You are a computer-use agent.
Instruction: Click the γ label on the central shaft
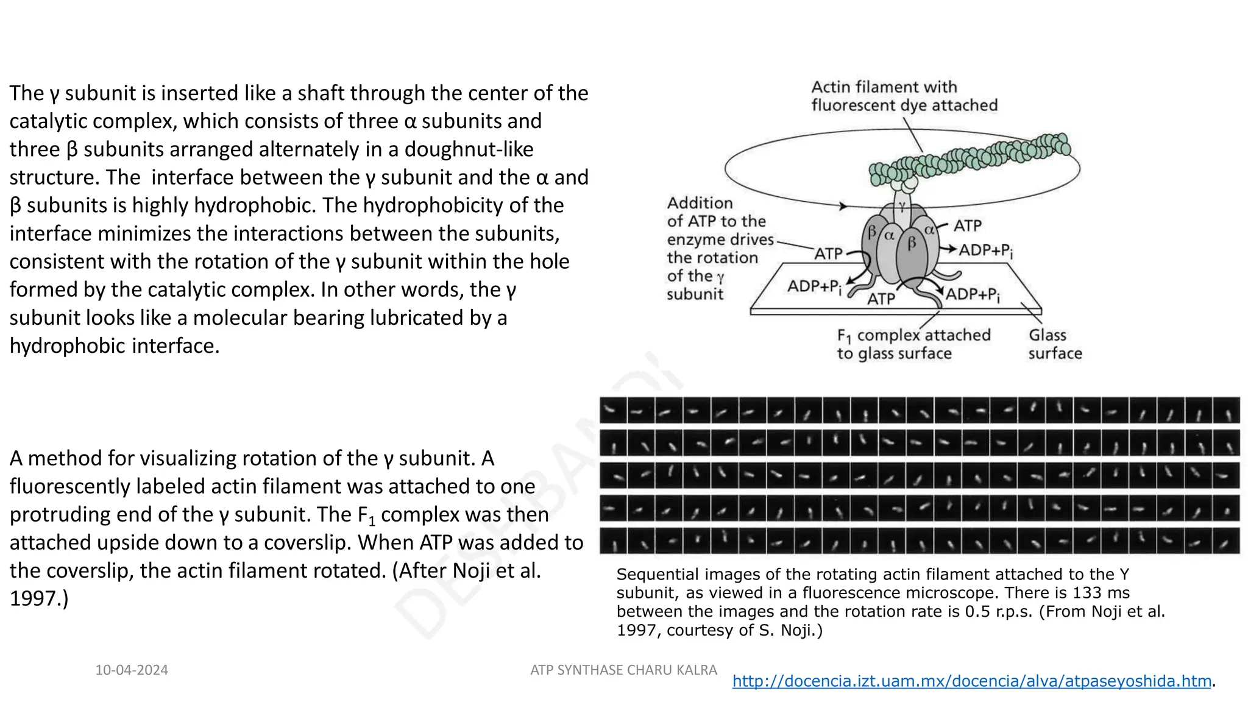click(901, 206)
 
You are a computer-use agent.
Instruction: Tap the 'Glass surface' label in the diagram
click(1055, 344)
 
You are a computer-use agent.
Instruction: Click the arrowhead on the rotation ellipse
click(843, 206)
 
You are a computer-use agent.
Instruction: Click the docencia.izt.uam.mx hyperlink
click(971, 681)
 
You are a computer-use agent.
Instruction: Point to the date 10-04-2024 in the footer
click(132, 670)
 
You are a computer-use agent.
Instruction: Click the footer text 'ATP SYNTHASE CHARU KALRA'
click(623, 670)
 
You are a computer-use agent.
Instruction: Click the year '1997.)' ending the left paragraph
click(39, 599)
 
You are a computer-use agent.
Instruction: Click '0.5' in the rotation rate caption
click(977, 611)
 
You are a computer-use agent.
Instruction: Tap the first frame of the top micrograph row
click(613, 410)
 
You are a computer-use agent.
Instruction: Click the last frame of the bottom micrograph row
click(1225, 541)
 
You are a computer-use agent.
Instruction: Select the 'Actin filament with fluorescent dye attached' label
click(904, 96)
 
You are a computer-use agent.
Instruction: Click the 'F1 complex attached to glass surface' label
click(913, 344)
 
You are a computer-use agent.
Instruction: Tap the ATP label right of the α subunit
click(968, 226)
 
